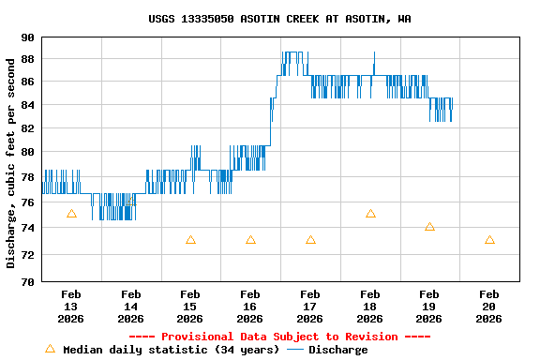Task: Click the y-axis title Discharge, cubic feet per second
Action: click(x=11, y=162)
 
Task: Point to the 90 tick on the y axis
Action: click(x=27, y=37)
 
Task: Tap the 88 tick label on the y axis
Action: click(x=27, y=59)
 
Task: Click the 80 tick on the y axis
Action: click(x=27, y=151)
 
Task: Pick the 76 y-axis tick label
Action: click(x=27, y=202)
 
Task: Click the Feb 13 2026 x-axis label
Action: click(x=71, y=307)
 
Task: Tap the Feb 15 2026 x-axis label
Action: click(x=190, y=307)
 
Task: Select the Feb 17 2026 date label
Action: click(x=310, y=307)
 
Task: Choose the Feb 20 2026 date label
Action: click(x=489, y=307)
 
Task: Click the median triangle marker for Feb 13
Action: click(x=71, y=214)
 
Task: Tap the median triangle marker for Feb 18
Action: click(x=370, y=214)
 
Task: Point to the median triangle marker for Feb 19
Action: click(x=429, y=227)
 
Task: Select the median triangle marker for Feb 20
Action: click(x=489, y=240)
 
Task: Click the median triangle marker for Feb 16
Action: click(x=250, y=240)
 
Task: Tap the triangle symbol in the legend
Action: click(x=50, y=349)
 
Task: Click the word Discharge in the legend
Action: click(x=337, y=350)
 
